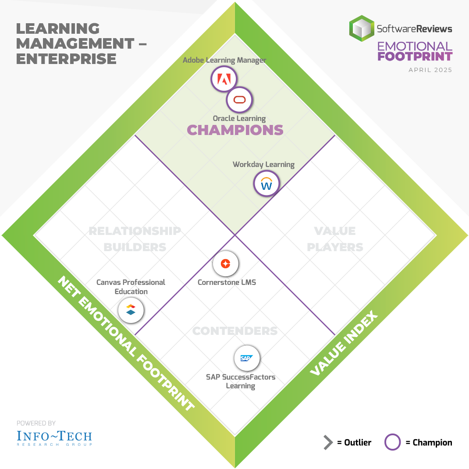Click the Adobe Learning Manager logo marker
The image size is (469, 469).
pos(224,79)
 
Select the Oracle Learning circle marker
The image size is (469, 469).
pos(239,100)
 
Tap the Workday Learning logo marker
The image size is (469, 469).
pos(266,184)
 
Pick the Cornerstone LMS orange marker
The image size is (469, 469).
pos(225,264)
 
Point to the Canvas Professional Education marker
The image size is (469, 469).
pos(131,310)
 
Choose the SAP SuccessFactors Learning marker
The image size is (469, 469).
pos(247,358)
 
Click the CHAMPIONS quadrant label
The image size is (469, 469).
pos(235,130)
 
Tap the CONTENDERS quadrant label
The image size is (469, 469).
pos(235,330)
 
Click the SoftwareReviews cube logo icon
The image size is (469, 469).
pos(362,28)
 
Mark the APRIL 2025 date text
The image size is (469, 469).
pos(430,70)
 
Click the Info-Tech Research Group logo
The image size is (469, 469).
pos(54,438)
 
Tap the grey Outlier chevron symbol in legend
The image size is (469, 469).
pos(328,442)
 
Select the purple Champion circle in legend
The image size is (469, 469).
pos(392,442)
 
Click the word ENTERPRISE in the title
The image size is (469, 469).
pos(66,59)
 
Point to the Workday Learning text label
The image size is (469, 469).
pos(263,165)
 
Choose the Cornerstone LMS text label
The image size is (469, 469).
pos(227,282)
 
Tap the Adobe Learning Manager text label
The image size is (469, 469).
pos(224,60)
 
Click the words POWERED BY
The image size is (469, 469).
pos(36,423)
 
